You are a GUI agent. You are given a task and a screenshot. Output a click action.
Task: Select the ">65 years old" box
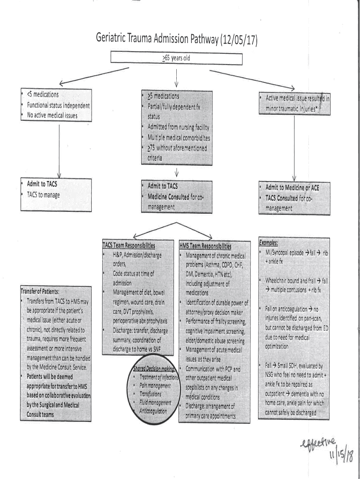click(x=176, y=58)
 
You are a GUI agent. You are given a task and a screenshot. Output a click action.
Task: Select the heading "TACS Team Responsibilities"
click(x=129, y=245)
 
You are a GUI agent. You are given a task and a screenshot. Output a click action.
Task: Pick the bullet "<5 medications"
click(x=43, y=94)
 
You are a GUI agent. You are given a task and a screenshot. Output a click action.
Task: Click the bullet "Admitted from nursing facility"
click(x=178, y=127)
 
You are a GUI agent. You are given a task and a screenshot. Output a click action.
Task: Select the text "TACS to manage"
click(x=43, y=195)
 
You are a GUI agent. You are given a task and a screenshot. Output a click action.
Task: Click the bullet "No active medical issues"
click(x=52, y=115)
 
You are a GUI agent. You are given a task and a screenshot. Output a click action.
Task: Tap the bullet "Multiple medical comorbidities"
click(x=179, y=138)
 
